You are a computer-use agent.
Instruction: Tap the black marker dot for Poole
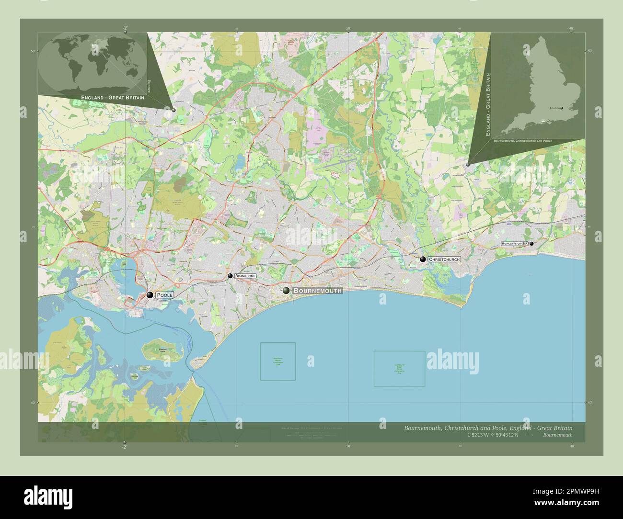[150, 295]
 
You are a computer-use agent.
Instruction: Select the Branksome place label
[245, 276]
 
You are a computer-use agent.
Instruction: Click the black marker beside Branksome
[231, 276]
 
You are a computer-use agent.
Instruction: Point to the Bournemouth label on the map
[317, 291]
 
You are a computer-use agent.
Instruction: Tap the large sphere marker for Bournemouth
[286, 291]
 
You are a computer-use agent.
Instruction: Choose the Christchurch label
[444, 259]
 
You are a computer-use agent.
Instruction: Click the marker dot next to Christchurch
[423, 259]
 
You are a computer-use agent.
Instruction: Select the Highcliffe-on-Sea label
[514, 244]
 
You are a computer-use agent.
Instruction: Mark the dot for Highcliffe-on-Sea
[531, 244]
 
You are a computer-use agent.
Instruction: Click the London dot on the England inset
[562, 108]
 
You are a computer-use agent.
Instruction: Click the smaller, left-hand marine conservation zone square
[278, 361]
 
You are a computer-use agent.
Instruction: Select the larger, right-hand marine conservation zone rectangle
[399, 369]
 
